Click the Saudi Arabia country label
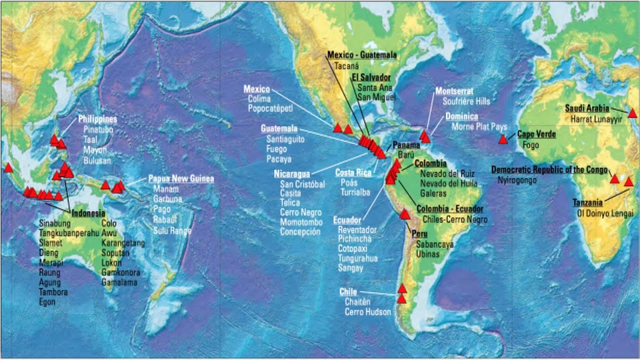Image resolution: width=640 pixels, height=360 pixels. click(587, 108)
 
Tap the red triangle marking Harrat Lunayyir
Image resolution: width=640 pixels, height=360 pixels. click(632, 113)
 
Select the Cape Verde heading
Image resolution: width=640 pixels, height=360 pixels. click(536, 134)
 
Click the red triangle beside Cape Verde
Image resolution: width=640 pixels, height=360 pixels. click(503, 139)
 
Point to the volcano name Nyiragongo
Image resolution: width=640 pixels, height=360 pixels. click(517, 180)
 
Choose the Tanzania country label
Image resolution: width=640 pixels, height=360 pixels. click(587, 203)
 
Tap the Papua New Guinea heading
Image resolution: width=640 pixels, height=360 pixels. click(181, 179)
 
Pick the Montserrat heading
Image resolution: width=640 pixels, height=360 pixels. click(454, 91)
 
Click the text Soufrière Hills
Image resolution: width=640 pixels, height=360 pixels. click(466, 101)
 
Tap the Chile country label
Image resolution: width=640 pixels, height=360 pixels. click(348, 292)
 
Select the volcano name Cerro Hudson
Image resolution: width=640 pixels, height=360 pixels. click(367, 312)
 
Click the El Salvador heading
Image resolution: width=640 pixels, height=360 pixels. click(371, 77)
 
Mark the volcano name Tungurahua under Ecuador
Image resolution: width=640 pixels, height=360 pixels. click(357, 258)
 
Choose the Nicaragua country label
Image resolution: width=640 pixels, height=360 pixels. click(291, 174)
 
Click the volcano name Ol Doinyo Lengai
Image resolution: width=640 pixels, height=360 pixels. click(605, 213)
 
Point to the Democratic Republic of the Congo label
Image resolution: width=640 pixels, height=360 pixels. click(549, 170)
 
